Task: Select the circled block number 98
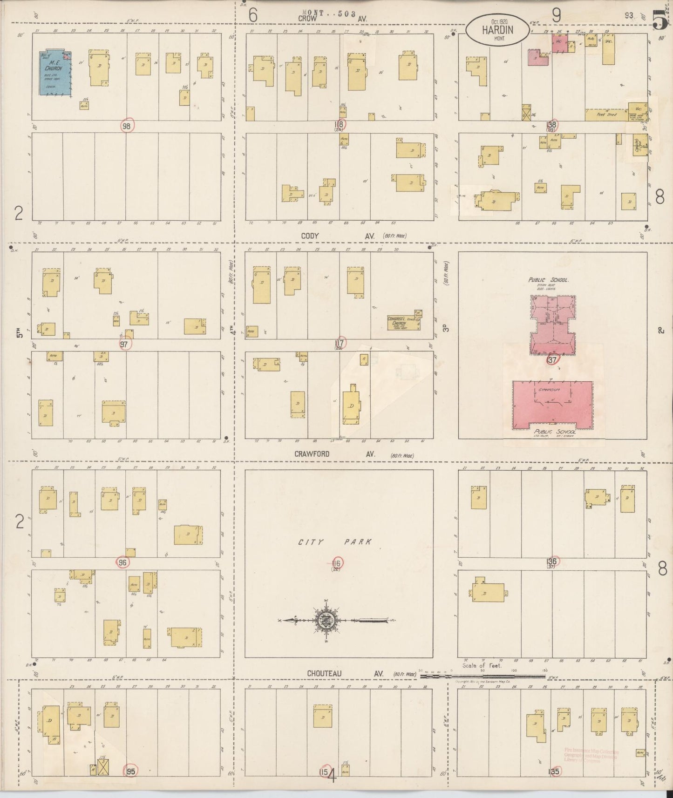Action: [127, 126]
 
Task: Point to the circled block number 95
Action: [131, 771]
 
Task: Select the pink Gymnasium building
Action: [552, 404]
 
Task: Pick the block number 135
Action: [554, 771]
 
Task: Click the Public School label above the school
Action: [549, 280]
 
